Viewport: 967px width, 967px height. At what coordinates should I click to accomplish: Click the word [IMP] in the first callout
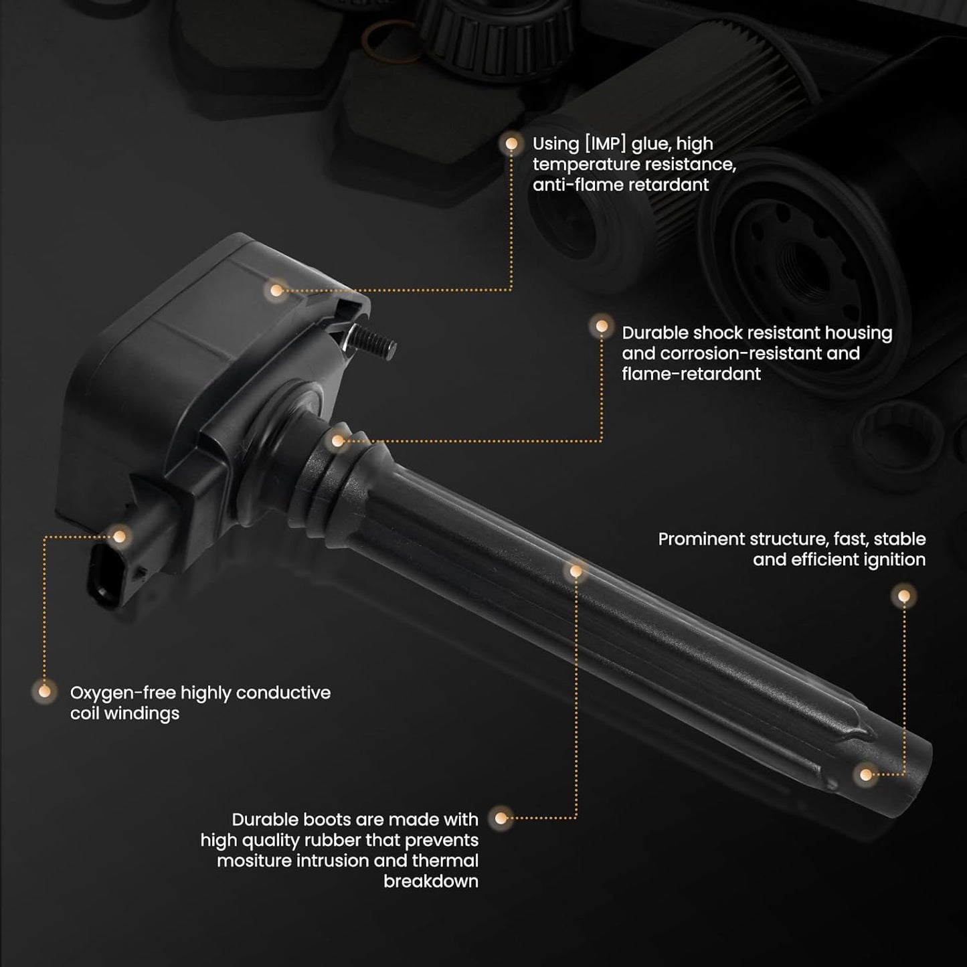tap(606, 145)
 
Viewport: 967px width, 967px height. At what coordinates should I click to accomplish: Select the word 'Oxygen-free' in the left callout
tap(123, 693)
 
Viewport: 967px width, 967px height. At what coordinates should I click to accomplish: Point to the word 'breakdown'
tap(430, 881)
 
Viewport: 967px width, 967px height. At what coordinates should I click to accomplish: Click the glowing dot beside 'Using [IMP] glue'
tap(511, 144)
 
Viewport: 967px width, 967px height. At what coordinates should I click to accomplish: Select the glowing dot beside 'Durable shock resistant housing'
tap(602, 327)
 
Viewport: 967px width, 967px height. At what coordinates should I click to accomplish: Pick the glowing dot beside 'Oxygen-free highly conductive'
tap(45, 691)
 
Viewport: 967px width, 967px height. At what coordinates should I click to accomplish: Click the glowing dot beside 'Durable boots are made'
tap(501, 818)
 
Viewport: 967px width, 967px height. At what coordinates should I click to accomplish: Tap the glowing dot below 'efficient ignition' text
tap(904, 596)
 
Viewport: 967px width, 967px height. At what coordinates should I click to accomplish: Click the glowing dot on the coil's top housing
tap(276, 290)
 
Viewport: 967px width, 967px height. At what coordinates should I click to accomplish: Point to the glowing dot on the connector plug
tap(119, 537)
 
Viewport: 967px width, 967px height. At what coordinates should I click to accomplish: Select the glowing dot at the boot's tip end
tap(866, 775)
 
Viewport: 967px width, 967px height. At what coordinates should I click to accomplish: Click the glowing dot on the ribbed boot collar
tap(338, 441)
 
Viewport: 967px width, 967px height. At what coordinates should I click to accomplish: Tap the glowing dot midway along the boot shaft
tap(576, 571)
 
